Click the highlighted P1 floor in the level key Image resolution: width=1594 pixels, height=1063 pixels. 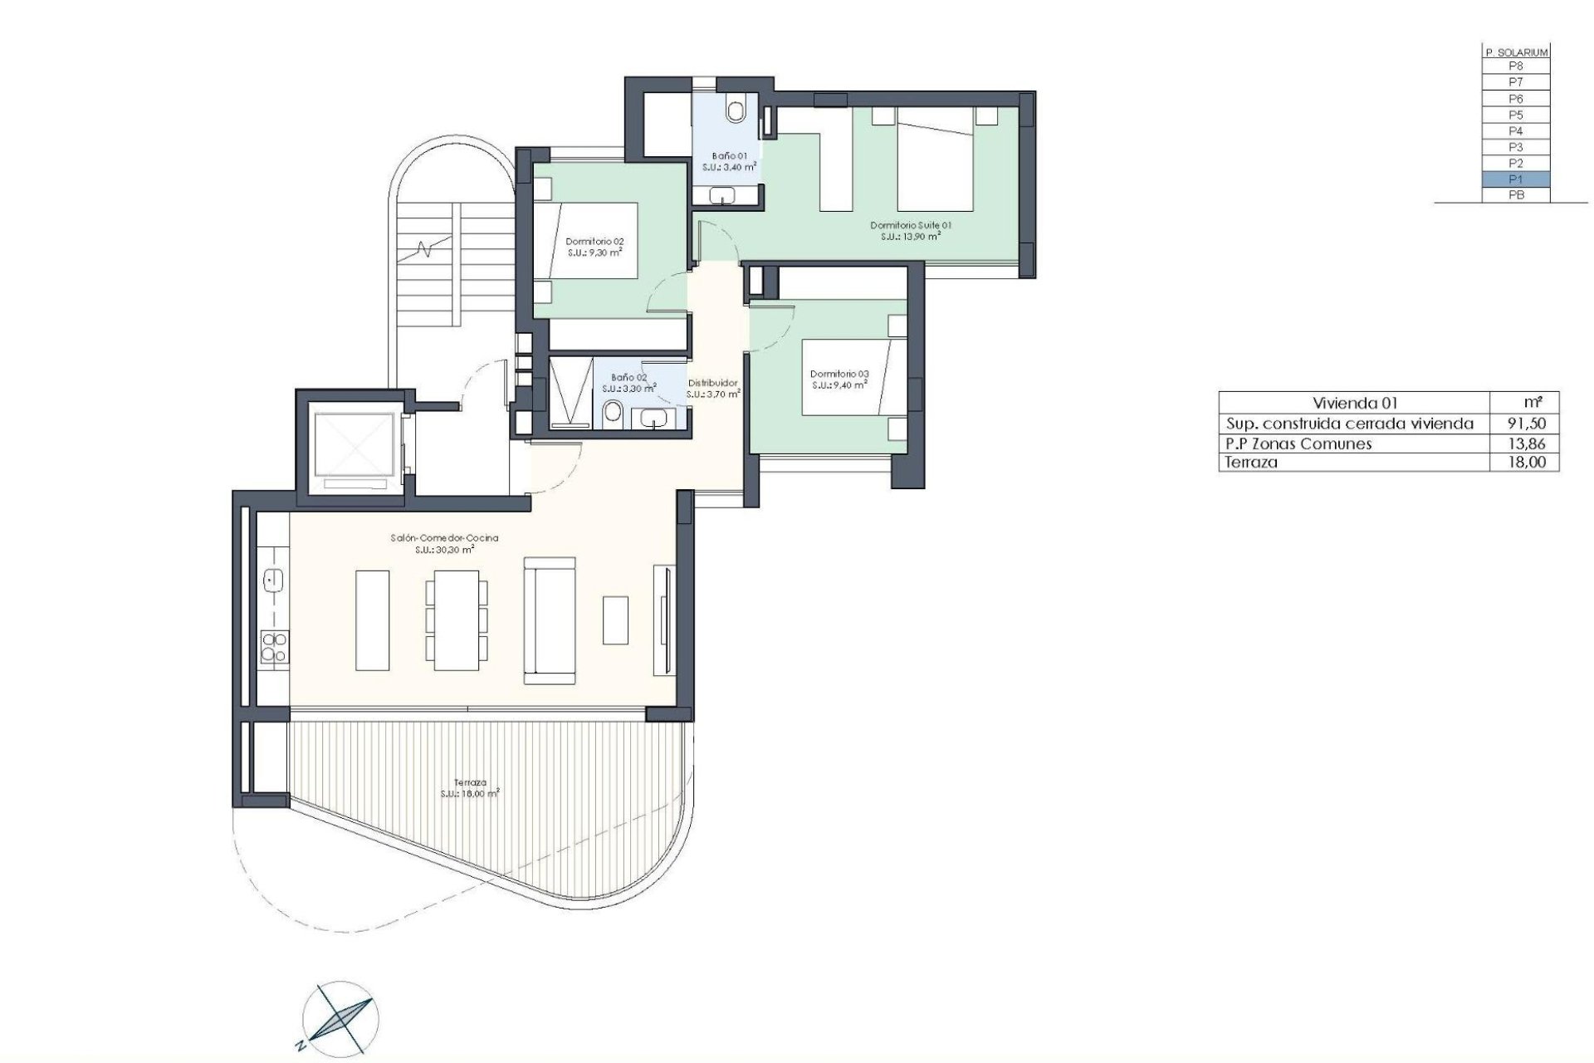tap(1515, 179)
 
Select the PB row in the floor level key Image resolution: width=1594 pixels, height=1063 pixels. tap(1515, 195)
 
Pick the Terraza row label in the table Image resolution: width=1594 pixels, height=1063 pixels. tap(1246, 463)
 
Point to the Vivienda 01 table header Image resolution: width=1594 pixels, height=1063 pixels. tap(1343, 403)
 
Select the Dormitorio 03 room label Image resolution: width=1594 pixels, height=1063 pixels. tap(839, 379)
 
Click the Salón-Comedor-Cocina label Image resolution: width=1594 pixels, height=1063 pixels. tap(444, 543)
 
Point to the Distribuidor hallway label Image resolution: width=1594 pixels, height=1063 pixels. tap(712, 388)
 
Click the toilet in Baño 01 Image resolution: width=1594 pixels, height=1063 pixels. tap(736, 110)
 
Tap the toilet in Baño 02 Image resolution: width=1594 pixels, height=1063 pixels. tap(613, 413)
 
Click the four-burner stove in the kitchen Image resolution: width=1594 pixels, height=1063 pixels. tap(273, 647)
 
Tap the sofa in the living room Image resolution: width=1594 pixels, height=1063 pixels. tap(549, 620)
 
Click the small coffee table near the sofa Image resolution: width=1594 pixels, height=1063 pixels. tap(616, 620)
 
